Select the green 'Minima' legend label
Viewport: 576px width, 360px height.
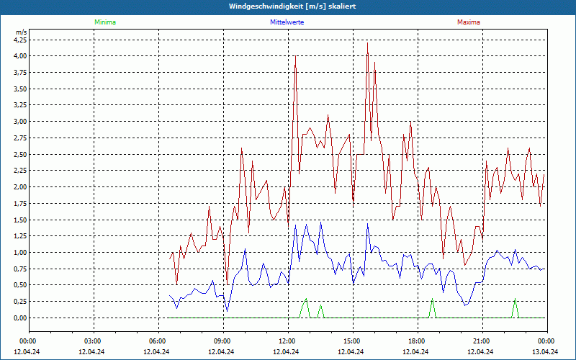pos(104,22)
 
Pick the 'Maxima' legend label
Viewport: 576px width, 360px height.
pos(469,22)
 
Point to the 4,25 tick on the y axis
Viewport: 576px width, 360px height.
pos(20,40)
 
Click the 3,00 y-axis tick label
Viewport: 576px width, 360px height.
pos(20,121)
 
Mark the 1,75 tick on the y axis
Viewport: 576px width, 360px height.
pos(20,203)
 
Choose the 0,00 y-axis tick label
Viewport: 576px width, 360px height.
pos(20,318)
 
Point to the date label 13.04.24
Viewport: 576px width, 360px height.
pos(545,352)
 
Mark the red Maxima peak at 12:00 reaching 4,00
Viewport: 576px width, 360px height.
pos(295,56)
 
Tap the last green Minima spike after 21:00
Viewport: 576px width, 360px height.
pos(515,300)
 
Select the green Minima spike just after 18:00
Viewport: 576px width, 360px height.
pos(432,300)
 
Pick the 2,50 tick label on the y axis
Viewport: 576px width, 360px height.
pos(20,154)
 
